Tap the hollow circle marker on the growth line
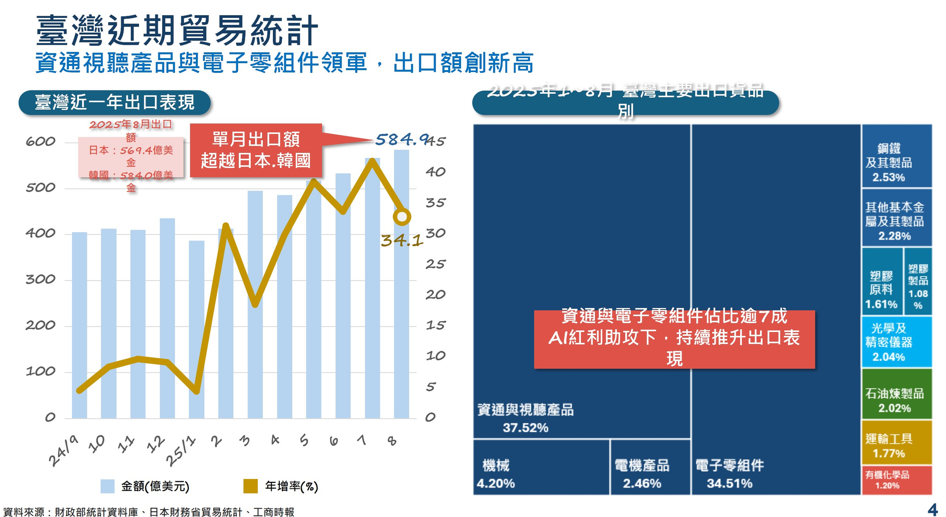[402, 216]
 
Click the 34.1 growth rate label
[401, 240]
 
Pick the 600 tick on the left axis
[41, 141]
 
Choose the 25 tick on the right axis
[435, 264]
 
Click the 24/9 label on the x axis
[63, 451]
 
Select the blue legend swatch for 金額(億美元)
[107, 486]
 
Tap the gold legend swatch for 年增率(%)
[250, 486]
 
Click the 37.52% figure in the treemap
[525, 428]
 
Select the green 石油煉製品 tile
[896, 394]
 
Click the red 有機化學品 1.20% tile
[896, 480]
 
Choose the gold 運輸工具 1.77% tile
[896, 442]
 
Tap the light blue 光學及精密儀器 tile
[896, 342]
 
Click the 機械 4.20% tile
[541, 467]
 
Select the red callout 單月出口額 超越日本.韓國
[256, 150]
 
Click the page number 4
[933, 510]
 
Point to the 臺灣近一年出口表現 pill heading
[115, 102]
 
